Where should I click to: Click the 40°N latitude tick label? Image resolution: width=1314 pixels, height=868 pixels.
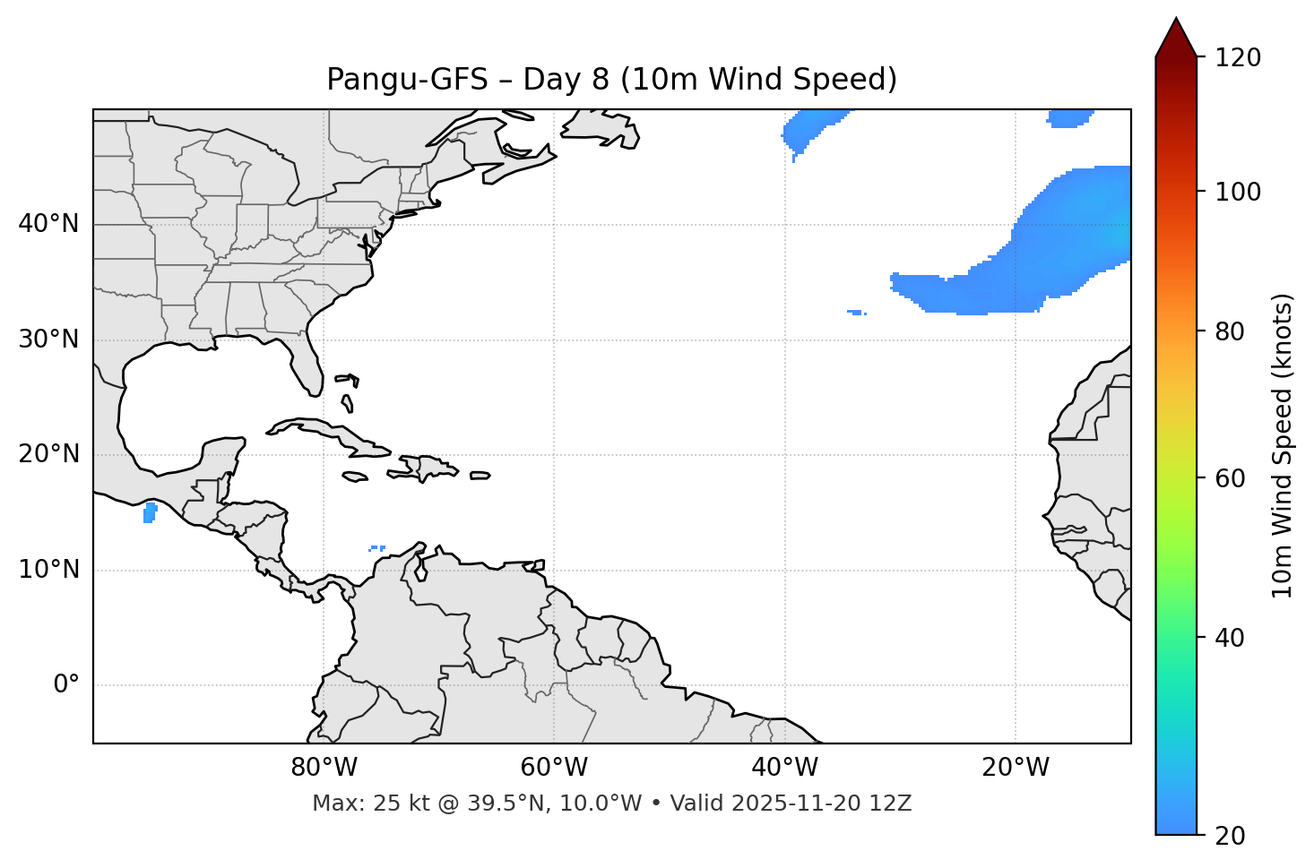(x=48, y=224)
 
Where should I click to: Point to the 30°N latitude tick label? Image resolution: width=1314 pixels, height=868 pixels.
(x=48, y=339)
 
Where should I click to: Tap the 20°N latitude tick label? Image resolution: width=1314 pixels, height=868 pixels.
(x=48, y=454)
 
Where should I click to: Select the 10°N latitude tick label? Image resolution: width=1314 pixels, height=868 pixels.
(x=48, y=570)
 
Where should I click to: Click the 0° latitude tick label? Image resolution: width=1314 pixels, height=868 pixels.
(x=66, y=685)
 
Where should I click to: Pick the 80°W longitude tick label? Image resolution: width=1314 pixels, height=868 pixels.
(x=324, y=768)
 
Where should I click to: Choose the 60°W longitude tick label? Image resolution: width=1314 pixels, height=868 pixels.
(x=554, y=768)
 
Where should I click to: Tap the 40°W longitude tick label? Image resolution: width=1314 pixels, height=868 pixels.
(x=784, y=768)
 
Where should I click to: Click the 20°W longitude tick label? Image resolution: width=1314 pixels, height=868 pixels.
(x=1016, y=768)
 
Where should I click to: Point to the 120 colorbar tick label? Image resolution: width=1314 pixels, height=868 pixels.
(x=1238, y=58)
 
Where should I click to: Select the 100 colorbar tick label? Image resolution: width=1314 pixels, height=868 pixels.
(x=1238, y=192)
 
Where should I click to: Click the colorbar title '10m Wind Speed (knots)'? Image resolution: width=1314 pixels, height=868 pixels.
(x=1283, y=445)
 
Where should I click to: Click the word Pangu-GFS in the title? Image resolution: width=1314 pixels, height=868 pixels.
(x=407, y=80)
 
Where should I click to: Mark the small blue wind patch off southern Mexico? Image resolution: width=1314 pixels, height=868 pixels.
(x=150, y=513)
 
